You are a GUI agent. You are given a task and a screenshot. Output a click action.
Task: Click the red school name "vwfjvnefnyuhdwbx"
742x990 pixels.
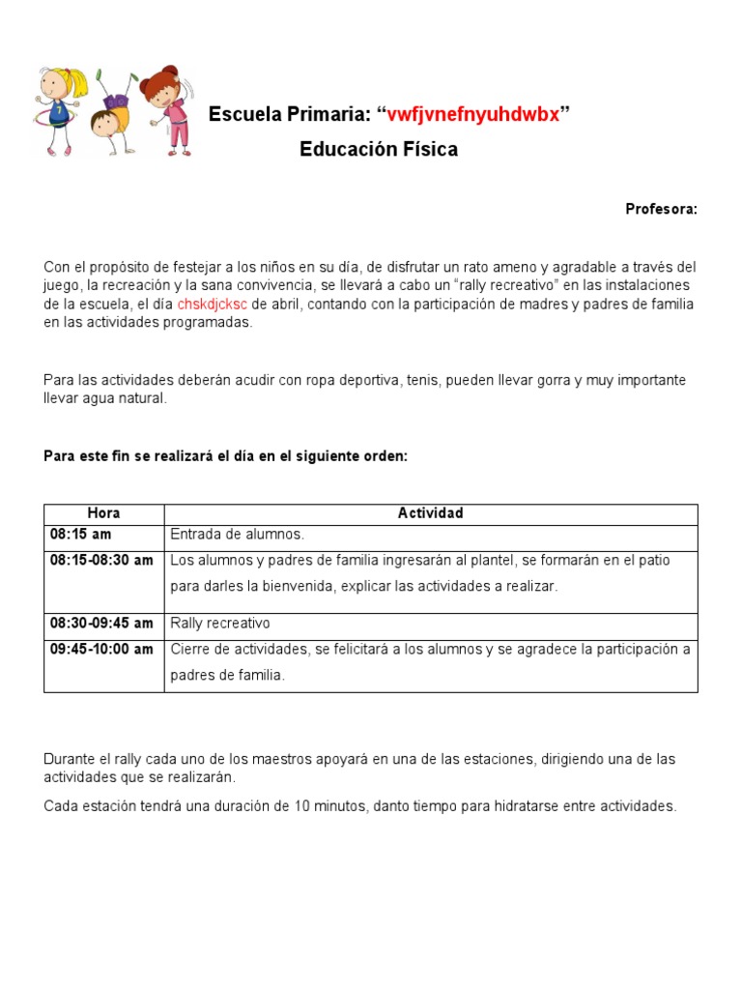point(473,115)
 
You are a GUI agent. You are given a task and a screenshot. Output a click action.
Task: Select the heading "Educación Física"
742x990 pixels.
point(379,150)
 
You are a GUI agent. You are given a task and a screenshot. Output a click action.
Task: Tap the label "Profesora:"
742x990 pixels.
point(661,209)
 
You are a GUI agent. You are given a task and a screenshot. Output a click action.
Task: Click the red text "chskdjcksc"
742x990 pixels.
point(212,305)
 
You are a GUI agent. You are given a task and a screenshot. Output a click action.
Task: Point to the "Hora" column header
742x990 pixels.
point(103,513)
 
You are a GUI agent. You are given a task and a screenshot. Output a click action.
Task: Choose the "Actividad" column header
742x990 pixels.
point(430,513)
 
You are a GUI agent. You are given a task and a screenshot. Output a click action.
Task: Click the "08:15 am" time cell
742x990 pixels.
point(81,534)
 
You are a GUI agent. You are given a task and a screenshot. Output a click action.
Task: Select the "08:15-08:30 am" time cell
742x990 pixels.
point(101,561)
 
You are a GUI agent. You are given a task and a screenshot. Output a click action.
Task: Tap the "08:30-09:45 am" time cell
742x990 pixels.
point(101,624)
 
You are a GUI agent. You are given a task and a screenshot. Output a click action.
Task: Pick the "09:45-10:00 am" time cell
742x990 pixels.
point(101,650)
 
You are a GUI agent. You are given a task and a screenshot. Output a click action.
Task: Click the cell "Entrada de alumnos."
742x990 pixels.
point(237,535)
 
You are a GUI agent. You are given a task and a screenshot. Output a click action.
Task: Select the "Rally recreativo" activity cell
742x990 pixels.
point(220,624)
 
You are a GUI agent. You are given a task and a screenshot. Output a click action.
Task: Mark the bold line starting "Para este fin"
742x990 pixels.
point(226,456)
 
